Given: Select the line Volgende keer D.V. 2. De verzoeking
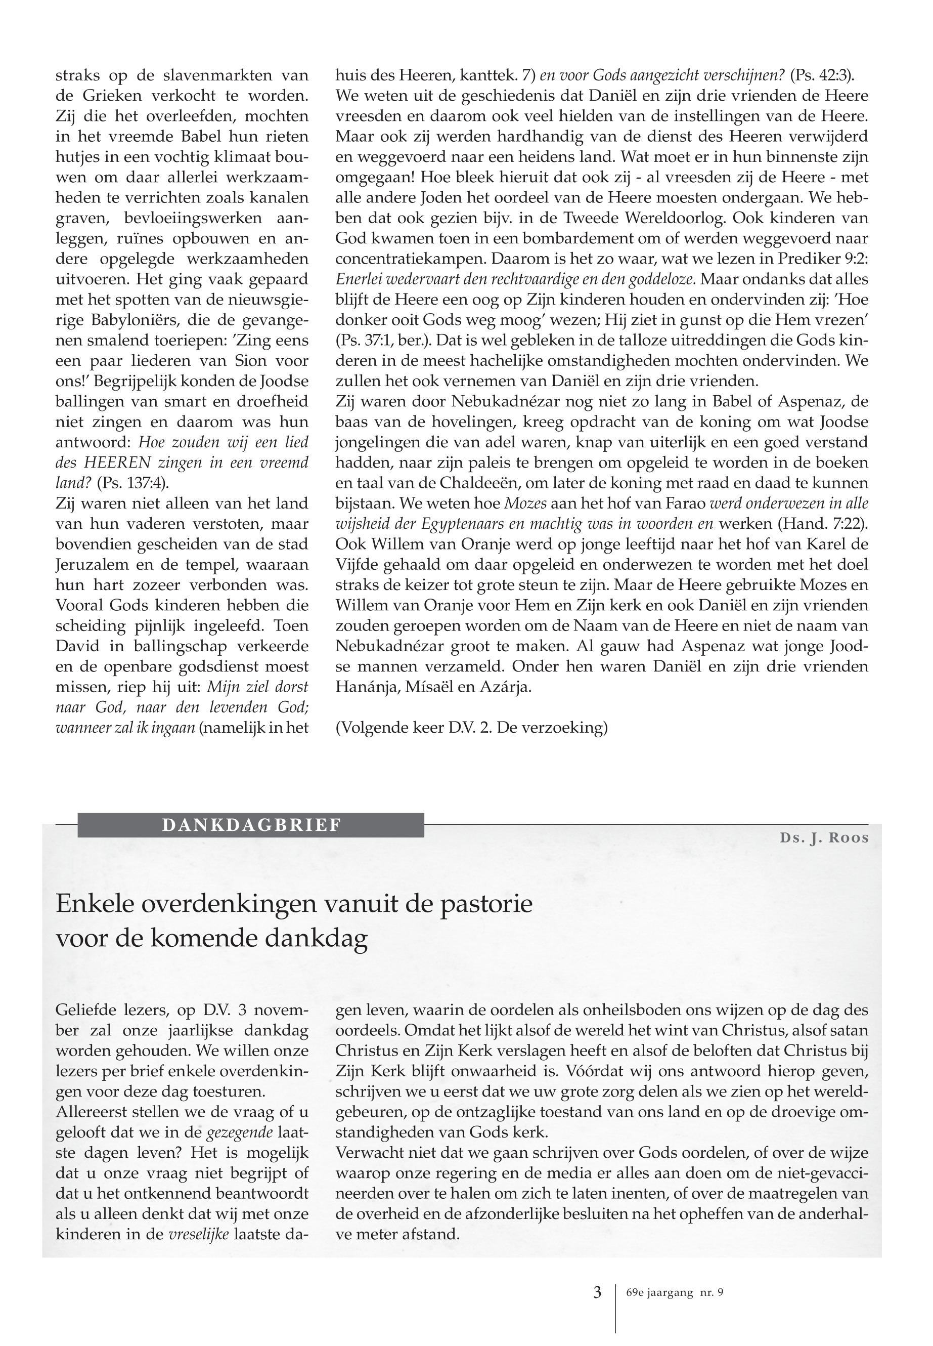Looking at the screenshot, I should pos(472,728).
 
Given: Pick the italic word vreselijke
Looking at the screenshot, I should pos(198,1234).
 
